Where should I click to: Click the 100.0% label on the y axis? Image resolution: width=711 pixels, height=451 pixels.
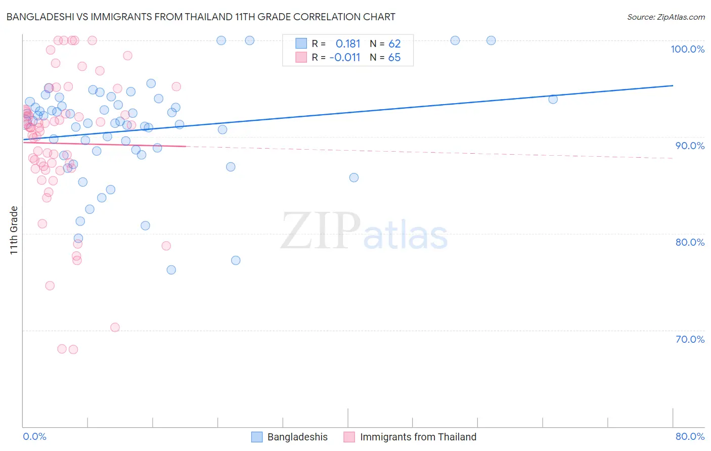pos(687,49)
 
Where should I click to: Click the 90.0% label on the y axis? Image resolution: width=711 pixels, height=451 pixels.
pos(690,146)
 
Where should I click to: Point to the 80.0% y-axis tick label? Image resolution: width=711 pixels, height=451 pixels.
pos(690,242)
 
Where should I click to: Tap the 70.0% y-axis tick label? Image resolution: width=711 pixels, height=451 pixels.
pos(690,339)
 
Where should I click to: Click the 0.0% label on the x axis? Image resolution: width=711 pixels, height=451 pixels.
pos(34,436)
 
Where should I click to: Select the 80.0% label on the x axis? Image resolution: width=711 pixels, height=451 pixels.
pos(690,436)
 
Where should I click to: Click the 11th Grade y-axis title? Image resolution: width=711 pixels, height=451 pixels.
pos(14,230)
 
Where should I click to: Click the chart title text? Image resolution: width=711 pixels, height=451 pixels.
pos(201,17)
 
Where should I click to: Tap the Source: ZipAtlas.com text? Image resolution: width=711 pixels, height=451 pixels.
pos(665,17)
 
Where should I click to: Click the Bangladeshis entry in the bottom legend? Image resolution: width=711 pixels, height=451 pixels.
pos(297,437)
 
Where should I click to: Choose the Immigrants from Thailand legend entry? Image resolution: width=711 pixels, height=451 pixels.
pos(418,437)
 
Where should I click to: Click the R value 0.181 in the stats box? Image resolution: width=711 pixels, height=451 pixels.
pos(348,43)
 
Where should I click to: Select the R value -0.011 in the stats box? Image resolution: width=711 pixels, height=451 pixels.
pos(345,57)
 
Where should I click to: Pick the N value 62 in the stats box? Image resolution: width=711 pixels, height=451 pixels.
pos(394,43)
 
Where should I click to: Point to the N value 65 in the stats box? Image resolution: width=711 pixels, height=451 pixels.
pos(394,57)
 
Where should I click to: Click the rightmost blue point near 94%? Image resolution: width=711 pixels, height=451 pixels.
pos(553,99)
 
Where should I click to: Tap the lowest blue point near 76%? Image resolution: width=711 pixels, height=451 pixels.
pos(171,270)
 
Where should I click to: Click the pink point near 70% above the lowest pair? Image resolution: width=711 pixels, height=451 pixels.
pos(115,328)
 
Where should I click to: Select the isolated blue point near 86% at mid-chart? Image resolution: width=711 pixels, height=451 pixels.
pos(354,177)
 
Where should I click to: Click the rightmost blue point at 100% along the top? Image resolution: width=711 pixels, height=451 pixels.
pos(491,40)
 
